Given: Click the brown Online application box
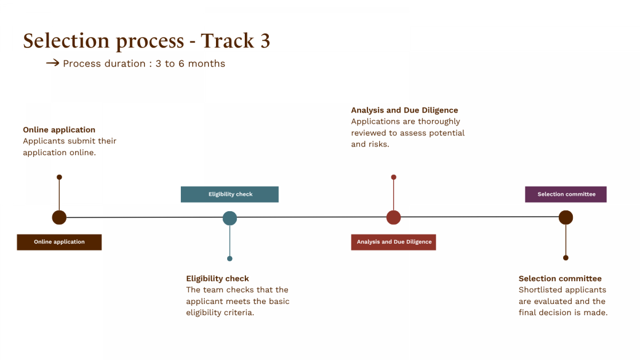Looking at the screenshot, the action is pyautogui.click(x=59, y=242).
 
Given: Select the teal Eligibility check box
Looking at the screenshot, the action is pyautogui.click(x=230, y=194).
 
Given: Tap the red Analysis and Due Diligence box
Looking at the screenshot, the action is pyautogui.click(x=394, y=242).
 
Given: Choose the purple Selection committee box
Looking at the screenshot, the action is pyautogui.click(x=566, y=194).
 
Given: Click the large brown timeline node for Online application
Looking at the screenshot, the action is pyautogui.click(x=59, y=218).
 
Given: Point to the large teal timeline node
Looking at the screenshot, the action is pyautogui.click(x=230, y=218).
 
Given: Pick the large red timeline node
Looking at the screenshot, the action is pyautogui.click(x=394, y=218).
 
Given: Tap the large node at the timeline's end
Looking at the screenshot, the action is pyautogui.click(x=566, y=218).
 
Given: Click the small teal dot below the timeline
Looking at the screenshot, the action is pyautogui.click(x=230, y=259).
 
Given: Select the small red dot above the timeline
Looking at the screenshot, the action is pyautogui.click(x=394, y=177).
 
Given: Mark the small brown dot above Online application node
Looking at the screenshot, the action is pyautogui.click(x=59, y=177).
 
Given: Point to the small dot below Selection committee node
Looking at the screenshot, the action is pyautogui.click(x=566, y=258).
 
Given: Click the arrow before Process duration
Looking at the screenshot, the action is pyautogui.click(x=53, y=63).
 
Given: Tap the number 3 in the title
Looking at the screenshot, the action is pyautogui.click(x=265, y=41).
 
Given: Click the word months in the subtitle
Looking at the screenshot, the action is pyautogui.click(x=206, y=63).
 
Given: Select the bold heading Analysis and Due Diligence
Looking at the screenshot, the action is pyautogui.click(x=404, y=110).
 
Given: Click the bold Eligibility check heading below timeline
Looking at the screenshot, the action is pyautogui.click(x=218, y=278).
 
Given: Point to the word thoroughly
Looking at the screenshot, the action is pyautogui.click(x=439, y=122).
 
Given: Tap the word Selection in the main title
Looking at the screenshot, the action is pyautogui.click(x=66, y=41).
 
